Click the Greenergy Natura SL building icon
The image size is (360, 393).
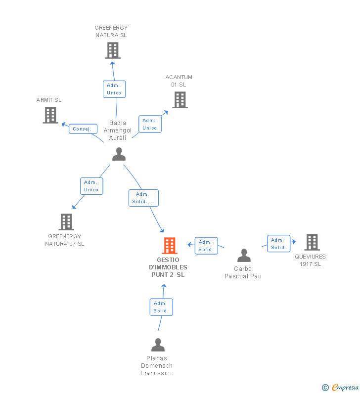pyautogui.click(x=113, y=50)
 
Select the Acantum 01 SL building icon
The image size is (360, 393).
pyautogui.click(x=180, y=100)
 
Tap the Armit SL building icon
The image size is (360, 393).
pyautogui.click(x=50, y=115)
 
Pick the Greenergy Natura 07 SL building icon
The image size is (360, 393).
pyautogui.click(x=66, y=222)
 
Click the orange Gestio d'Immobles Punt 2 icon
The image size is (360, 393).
pyautogui.click(x=170, y=246)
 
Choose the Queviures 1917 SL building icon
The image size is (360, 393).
pyautogui.click(x=312, y=242)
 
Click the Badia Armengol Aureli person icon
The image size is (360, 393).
pyautogui.click(x=119, y=154)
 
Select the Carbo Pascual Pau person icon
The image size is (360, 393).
pyautogui.click(x=244, y=256)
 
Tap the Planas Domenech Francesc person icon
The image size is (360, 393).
pyautogui.click(x=158, y=345)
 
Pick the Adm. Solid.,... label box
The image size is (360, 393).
pyautogui.click(x=144, y=198)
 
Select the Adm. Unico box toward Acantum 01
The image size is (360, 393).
pyautogui.click(x=149, y=124)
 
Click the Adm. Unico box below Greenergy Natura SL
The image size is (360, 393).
pyautogui.click(x=114, y=89)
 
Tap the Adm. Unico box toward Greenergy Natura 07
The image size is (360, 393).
pyautogui.click(x=91, y=186)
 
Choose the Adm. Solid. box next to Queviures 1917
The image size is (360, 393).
pyautogui.click(x=278, y=244)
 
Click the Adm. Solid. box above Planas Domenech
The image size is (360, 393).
pyautogui.click(x=161, y=307)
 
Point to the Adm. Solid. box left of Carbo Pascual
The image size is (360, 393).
pyautogui.click(x=206, y=246)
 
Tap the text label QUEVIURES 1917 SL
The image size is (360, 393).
pyautogui.click(x=311, y=260)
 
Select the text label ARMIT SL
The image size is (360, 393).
pyautogui.click(x=49, y=100)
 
